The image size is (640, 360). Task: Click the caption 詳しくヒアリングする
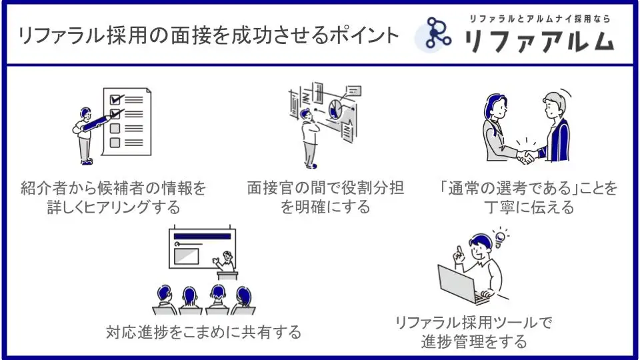113,207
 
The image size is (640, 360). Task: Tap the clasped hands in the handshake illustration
528,157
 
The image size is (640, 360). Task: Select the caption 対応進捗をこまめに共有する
204,331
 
